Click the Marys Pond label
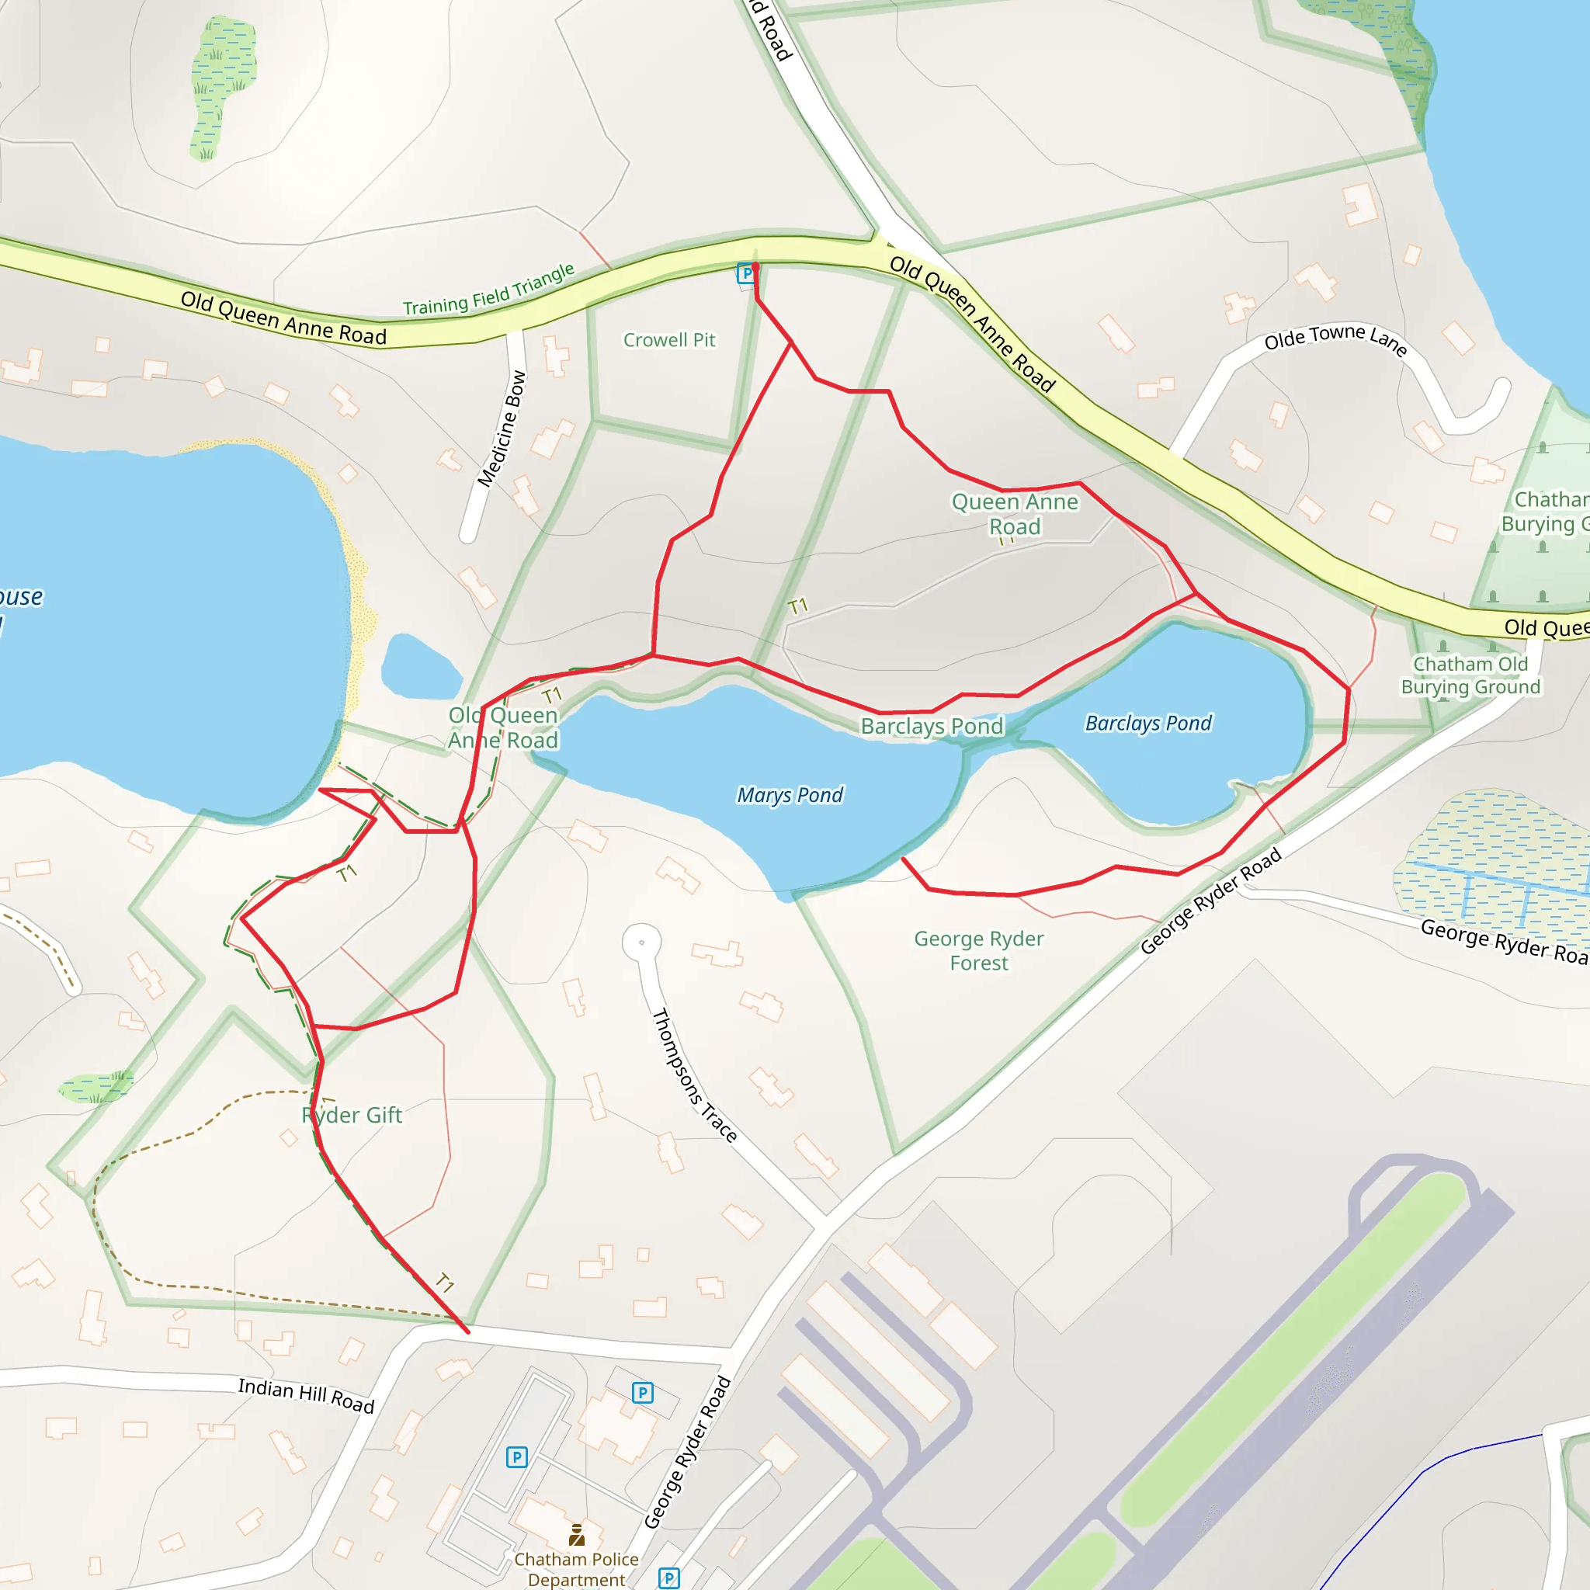click(790, 795)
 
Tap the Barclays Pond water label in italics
click(1148, 724)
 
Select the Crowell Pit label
click(669, 340)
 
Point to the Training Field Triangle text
click(488, 290)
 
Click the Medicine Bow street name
click(502, 429)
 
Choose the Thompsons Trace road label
click(693, 1074)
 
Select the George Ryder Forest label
click(978, 950)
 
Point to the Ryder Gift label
click(352, 1115)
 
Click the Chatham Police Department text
click(576, 1569)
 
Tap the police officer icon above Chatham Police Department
click(577, 1535)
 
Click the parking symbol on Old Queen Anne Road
click(745, 273)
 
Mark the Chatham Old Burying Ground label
click(1470, 675)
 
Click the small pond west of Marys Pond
click(420, 668)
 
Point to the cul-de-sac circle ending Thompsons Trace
click(642, 942)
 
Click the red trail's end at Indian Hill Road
click(467, 1331)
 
